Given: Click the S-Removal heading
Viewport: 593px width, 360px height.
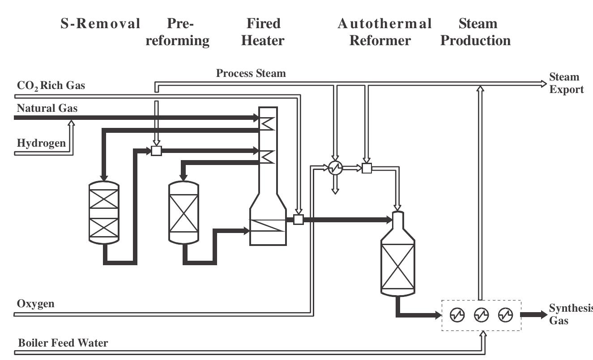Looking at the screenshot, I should click(100, 24).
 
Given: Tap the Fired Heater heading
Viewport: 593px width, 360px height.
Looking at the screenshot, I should click(263, 32).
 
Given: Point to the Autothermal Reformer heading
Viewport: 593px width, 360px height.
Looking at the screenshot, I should click(384, 32).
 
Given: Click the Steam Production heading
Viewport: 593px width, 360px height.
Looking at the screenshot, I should click(475, 32).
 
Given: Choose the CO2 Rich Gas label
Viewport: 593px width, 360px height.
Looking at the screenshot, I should click(51, 85).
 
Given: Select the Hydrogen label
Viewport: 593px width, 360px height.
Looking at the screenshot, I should click(41, 143).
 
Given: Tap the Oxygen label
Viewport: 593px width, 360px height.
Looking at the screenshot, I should click(35, 304).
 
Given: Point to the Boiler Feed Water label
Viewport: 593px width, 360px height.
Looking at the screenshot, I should click(63, 343).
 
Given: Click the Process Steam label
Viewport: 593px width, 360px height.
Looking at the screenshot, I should click(251, 73).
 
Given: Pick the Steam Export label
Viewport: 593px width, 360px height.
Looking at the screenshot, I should click(566, 83).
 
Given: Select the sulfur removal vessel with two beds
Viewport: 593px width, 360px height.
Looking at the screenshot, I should click(104, 213).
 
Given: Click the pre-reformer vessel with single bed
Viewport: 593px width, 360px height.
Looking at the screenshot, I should click(183, 212).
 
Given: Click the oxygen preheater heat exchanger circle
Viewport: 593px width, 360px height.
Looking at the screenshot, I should click(335, 168).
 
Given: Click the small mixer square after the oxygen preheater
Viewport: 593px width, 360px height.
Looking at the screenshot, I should click(367, 168).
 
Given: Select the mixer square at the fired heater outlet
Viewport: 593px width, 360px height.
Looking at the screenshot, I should click(299, 220).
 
